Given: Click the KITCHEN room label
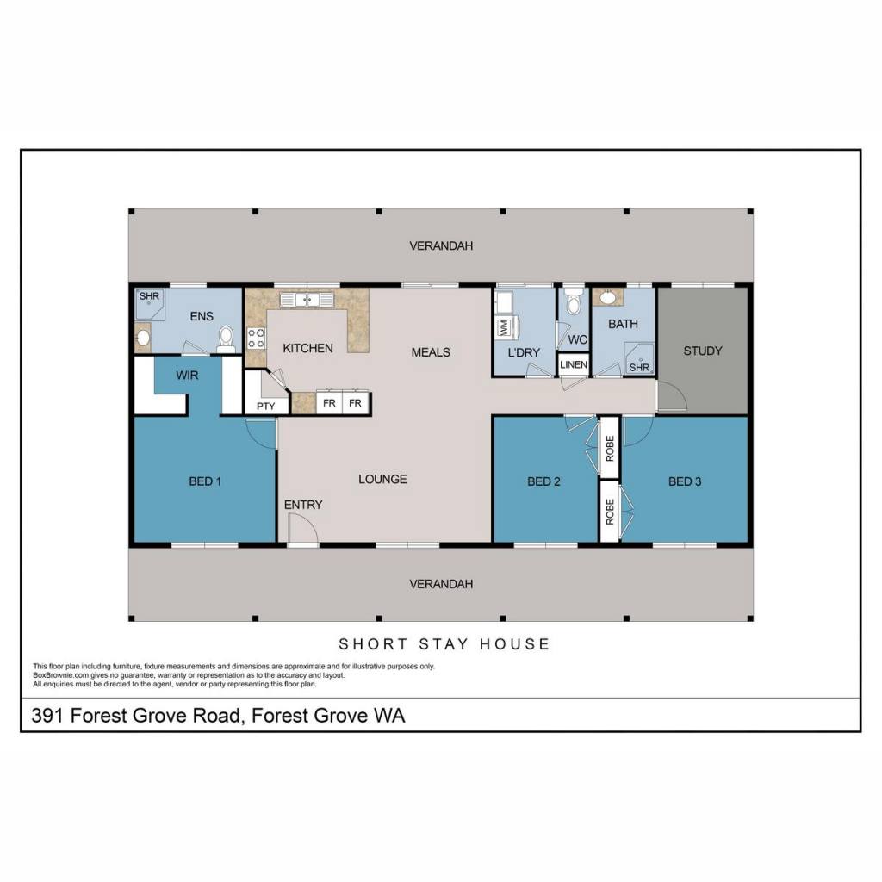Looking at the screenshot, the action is [307, 348].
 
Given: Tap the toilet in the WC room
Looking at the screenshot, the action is [573, 301].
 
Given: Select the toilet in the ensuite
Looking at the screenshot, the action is [227, 339].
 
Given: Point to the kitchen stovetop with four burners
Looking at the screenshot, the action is [257, 339].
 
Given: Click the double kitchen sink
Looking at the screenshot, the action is [307, 299].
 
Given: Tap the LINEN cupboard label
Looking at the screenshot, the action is [573, 364].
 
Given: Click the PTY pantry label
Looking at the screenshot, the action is [265, 407].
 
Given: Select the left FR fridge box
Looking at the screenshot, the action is [329, 403].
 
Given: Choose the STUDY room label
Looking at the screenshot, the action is [703, 351].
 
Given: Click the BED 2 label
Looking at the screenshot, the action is [543, 481].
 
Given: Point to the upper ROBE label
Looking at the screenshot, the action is [610, 448].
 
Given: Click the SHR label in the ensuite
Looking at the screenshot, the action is [149, 296].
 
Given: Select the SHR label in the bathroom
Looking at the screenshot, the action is [639, 367].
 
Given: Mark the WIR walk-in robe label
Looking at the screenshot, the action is [187, 376].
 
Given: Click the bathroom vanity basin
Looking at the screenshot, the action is [607, 296].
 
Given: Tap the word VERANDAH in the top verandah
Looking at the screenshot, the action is [441, 245].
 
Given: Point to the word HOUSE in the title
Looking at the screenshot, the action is [514, 644].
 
